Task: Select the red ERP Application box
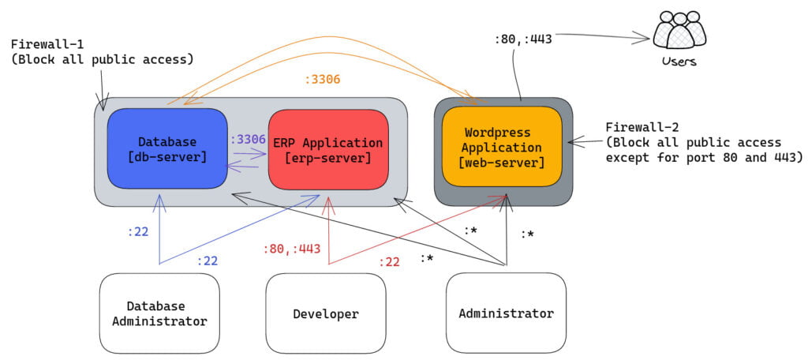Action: [327, 148]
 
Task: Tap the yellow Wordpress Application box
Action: [502, 147]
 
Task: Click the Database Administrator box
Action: [159, 313]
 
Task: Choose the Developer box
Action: [325, 313]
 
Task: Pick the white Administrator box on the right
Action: [506, 313]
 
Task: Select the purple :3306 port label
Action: [248, 139]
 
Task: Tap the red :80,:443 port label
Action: [291, 249]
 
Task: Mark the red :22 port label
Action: [389, 262]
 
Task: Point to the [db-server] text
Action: [166, 157]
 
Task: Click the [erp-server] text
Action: [327, 158]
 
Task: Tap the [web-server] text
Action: [502, 163]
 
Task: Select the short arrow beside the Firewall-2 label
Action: [585, 142]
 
